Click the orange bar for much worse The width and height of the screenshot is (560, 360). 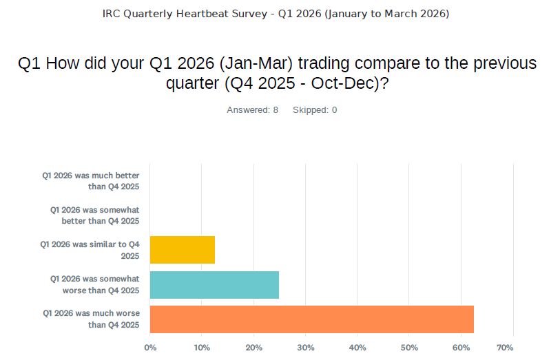(311, 319)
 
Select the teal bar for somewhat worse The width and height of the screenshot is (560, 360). (214, 284)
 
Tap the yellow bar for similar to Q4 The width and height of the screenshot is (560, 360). (183, 250)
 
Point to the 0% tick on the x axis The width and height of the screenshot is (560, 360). (150, 347)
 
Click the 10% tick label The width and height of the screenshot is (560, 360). (201, 347)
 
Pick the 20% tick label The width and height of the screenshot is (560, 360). (253, 347)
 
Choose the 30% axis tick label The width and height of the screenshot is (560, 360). (305, 347)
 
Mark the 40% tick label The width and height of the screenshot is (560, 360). (357, 347)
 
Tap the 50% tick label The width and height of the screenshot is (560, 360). (409, 347)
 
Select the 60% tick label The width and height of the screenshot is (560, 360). (461, 347)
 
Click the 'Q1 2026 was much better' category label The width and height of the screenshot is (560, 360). (91, 181)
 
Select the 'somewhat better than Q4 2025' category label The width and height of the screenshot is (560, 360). (95, 215)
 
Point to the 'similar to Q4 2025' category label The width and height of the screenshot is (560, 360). (91, 250)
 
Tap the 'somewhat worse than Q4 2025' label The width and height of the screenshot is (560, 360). (95, 284)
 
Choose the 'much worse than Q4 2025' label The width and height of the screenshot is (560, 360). (91, 319)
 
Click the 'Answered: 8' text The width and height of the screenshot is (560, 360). (252, 110)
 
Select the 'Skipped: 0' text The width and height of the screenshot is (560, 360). (315, 110)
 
